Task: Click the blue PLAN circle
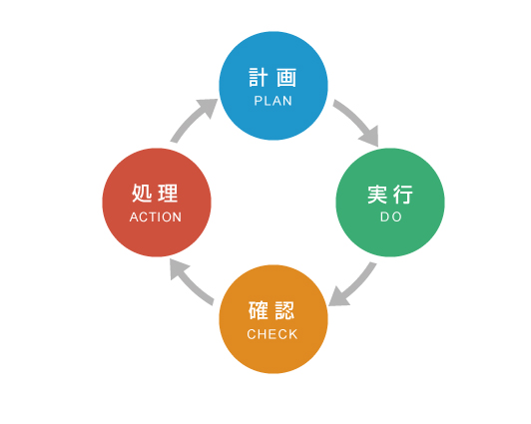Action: (273, 86)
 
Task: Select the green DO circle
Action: (390, 203)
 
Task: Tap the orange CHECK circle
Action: (273, 319)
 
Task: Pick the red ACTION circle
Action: (157, 203)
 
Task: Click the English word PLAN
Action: (272, 101)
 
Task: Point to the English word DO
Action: (391, 216)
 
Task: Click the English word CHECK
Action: (272, 334)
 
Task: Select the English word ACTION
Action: (156, 217)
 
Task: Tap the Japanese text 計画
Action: (272, 78)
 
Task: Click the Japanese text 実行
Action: (390, 195)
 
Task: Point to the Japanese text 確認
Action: (271, 310)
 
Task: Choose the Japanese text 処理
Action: (155, 194)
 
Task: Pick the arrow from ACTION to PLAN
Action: (192, 119)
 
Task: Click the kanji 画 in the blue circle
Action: (286, 78)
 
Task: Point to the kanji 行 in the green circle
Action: (403, 195)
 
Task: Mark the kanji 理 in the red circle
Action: (168, 194)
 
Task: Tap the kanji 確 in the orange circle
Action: (259, 310)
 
